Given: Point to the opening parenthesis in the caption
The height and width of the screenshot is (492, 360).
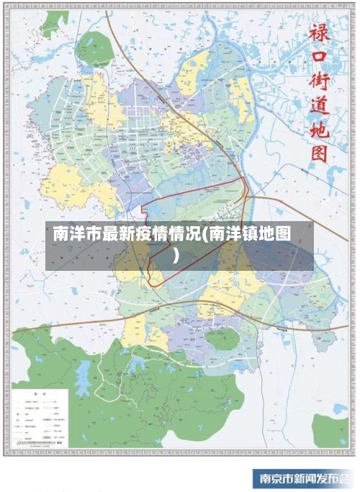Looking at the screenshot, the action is coord(204,235).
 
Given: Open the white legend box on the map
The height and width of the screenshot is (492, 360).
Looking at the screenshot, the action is coord(40,419).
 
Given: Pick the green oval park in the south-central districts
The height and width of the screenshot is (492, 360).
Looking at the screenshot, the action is coord(220,338).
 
